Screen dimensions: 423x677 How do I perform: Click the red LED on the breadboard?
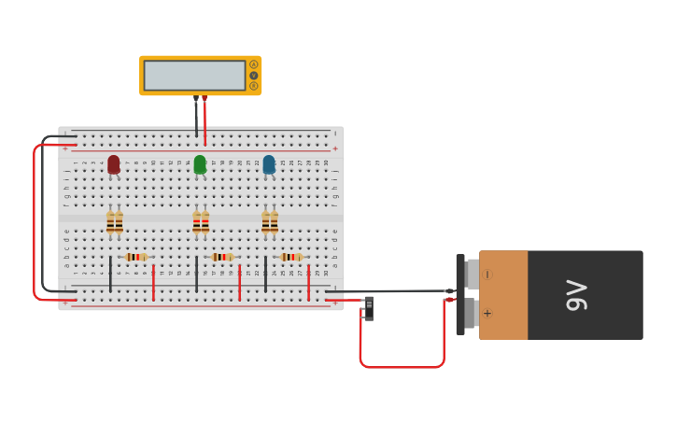coord(114,164)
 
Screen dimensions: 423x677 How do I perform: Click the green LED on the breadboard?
coord(200,164)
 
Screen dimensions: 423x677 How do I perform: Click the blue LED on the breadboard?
coord(269,164)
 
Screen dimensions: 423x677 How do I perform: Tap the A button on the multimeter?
coord(253,64)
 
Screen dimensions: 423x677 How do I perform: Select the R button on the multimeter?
coord(253,86)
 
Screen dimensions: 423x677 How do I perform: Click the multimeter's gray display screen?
coord(194,76)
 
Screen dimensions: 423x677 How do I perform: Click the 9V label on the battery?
coord(576,295)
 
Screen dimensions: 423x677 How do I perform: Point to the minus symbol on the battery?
coord(488,275)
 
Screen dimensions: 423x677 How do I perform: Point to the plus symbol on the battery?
coord(487,314)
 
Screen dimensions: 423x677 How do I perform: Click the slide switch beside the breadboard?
coord(369,307)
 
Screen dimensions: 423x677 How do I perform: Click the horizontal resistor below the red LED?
coord(136,257)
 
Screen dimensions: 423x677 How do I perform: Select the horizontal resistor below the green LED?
coord(221,257)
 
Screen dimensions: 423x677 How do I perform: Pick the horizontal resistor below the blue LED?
coord(290,257)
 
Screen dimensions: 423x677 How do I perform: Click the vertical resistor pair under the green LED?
coord(201,222)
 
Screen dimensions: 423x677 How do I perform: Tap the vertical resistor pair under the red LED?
coord(114,222)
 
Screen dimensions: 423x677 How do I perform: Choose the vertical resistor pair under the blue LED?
coord(270,222)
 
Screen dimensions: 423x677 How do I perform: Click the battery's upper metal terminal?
coord(472,274)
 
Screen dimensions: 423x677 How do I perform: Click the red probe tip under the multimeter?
coord(205,97)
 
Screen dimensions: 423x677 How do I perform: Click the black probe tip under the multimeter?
coord(196,97)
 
